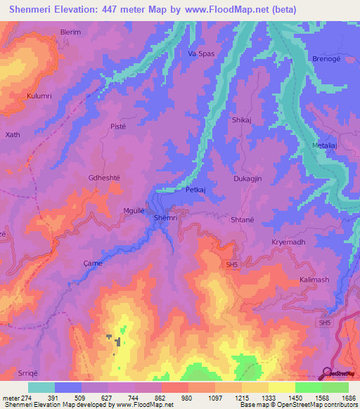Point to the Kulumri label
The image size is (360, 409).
click(x=39, y=95)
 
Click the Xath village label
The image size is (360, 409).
click(x=13, y=134)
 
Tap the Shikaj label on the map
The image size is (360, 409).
click(x=242, y=120)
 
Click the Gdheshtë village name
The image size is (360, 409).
click(x=104, y=178)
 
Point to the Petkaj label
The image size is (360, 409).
click(x=195, y=190)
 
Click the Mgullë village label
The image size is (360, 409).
click(x=134, y=211)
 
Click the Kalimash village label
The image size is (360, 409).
click(x=314, y=280)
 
